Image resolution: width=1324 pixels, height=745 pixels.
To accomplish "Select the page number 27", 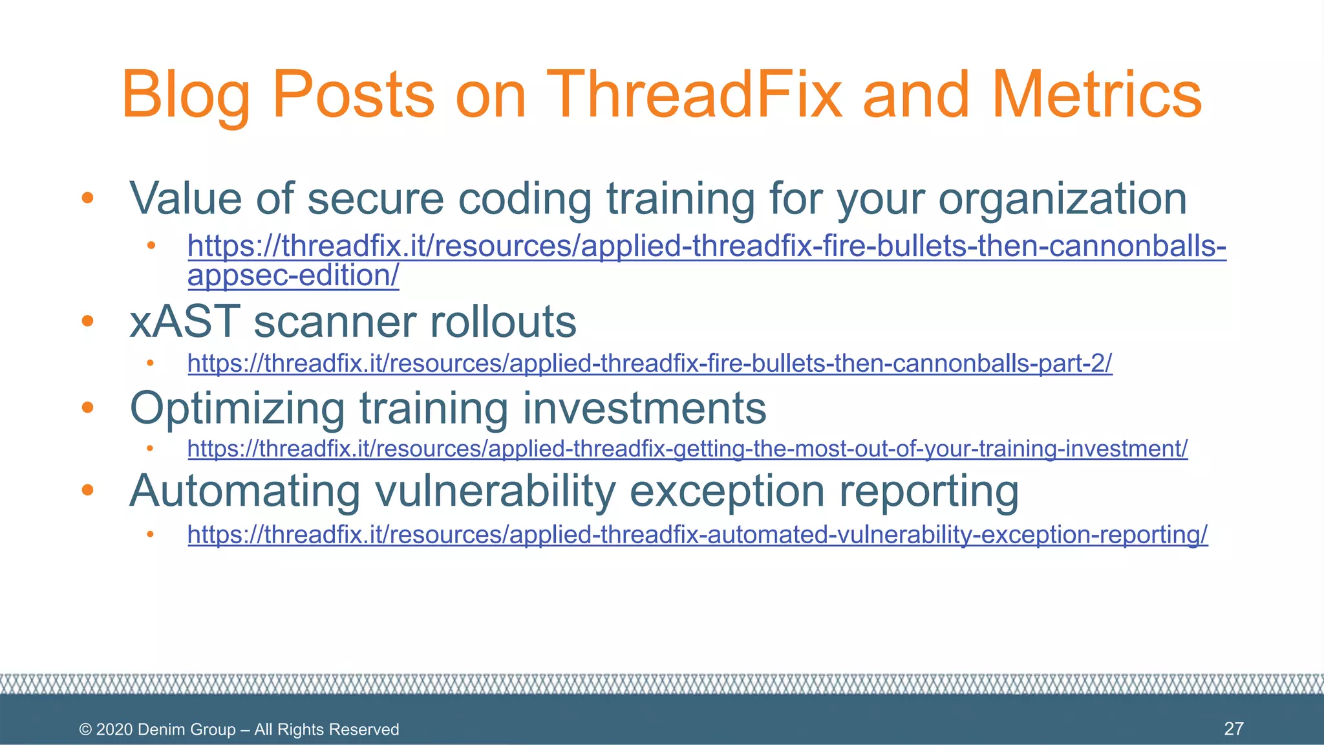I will tap(1233, 729).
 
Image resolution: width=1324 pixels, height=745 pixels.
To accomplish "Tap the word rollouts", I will tap(503, 321).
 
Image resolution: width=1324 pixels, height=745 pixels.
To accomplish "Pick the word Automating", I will tap(244, 491).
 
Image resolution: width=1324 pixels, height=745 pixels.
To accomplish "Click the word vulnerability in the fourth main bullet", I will tap(495, 491).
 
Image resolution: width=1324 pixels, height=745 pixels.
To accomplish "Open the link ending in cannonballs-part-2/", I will tap(649, 363).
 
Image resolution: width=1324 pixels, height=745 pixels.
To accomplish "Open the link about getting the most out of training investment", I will tap(687, 448).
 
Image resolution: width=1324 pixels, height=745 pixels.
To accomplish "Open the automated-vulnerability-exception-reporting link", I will tap(697, 535).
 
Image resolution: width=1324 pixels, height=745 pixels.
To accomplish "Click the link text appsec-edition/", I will tap(293, 276).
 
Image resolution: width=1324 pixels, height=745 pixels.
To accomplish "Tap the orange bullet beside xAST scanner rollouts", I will tap(88, 321).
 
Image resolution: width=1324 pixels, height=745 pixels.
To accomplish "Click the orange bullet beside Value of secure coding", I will tap(88, 198).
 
